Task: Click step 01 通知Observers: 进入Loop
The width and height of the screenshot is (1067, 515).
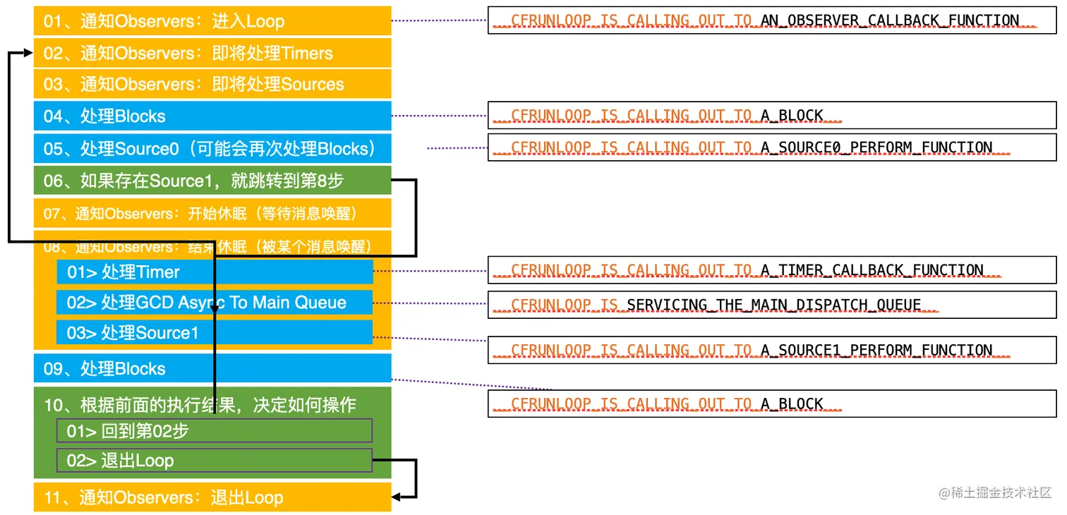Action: (212, 21)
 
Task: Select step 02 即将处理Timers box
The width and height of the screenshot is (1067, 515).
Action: (212, 54)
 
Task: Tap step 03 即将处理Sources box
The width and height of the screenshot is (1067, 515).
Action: (212, 85)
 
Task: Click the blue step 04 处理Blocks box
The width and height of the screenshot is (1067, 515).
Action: (212, 116)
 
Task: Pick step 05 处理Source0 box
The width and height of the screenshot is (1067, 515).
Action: (212, 149)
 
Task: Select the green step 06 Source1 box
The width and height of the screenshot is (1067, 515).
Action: (212, 181)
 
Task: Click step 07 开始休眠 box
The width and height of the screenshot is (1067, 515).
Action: (212, 214)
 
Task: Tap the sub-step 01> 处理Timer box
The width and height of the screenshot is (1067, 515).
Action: (215, 272)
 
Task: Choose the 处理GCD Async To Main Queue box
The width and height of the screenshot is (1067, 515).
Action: (215, 303)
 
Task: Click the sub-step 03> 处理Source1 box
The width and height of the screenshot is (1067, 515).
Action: (215, 333)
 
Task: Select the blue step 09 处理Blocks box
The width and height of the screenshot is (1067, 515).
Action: (212, 369)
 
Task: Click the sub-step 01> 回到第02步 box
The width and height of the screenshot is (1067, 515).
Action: (215, 431)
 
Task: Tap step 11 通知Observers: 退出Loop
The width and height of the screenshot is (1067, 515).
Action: (212, 498)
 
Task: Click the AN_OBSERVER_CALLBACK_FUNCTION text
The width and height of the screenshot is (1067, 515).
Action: (889, 20)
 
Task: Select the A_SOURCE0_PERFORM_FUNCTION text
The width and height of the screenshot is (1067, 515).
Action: (876, 147)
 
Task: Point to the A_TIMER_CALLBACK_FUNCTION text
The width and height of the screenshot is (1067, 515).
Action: (872, 270)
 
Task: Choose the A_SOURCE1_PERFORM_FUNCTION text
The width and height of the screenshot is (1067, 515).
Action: (876, 350)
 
